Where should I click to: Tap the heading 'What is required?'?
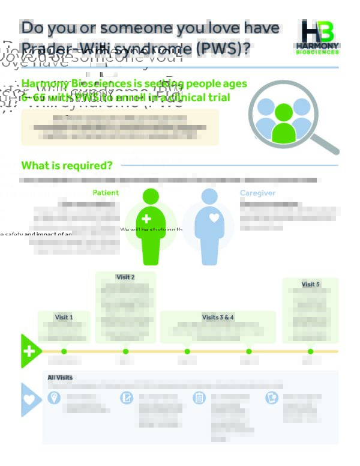tap(67, 165)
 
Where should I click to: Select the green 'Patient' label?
tap(106, 193)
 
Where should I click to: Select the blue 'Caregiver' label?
tap(258, 193)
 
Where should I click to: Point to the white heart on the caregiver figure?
tap(214, 218)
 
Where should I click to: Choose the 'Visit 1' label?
tap(64, 317)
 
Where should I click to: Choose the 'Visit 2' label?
tap(125, 277)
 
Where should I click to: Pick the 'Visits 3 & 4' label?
tap(218, 317)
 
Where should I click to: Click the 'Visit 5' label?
tap(310, 284)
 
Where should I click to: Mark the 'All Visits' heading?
tap(60, 377)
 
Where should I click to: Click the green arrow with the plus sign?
tap(31, 351)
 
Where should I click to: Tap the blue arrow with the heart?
tap(30, 399)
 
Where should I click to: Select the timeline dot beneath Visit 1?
tap(64, 351)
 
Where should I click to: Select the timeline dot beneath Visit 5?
tap(310, 351)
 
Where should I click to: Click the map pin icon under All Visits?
tap(54, 398)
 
